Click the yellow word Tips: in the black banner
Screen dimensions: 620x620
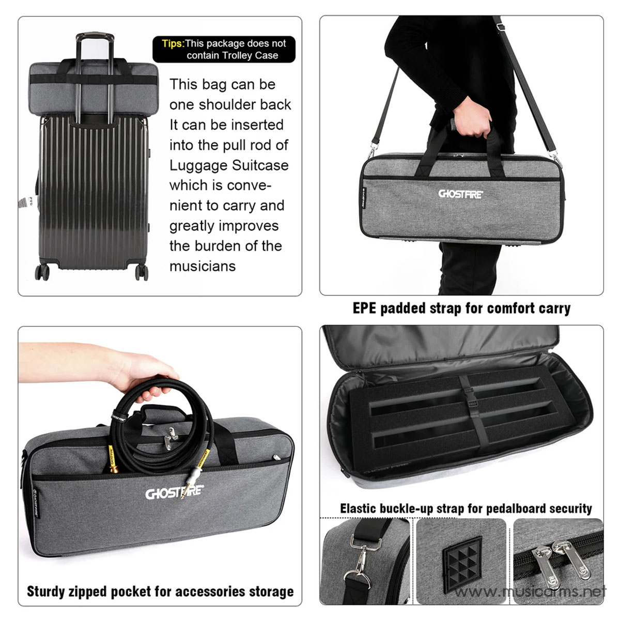pyautogui.click(x=173, y=43)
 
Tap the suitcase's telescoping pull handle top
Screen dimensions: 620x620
pyautogui.click(x=95, y=38)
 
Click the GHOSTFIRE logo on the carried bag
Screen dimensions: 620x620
pyautogui.click(x=461, y=194)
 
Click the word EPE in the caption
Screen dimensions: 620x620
pyautogui.click(x=365, y=309)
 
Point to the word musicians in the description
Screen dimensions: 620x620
pyautogui.click(x=203, y=267)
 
